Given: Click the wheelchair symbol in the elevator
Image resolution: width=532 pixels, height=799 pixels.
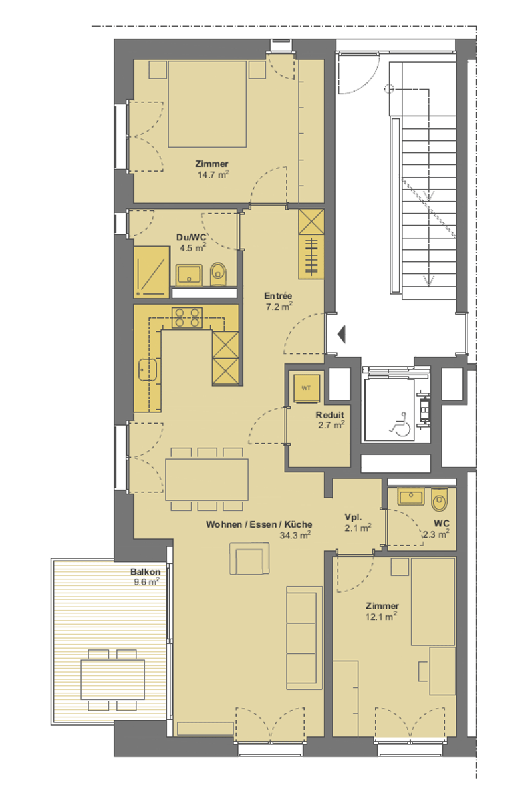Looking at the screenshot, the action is [401, 424].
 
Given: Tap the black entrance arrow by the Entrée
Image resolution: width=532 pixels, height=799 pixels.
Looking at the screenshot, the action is [342, 334].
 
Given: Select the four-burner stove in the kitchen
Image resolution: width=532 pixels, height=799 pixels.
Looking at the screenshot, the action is [187, 317].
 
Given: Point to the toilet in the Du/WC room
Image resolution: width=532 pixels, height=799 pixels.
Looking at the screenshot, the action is [218, 274].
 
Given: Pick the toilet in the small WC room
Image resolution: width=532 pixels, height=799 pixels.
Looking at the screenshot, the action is [439, 500].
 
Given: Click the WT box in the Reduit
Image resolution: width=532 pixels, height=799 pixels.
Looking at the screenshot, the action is [306, 388].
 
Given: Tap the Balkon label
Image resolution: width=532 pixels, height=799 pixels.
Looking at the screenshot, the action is [145, 571].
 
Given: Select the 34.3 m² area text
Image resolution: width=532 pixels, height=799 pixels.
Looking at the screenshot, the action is [295, 535].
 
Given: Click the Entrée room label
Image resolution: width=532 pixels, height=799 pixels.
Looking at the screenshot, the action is [278, 295].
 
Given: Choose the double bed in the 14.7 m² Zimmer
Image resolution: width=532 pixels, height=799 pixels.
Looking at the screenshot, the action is [207, 104].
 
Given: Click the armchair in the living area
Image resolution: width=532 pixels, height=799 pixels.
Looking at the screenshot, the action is [249, 559].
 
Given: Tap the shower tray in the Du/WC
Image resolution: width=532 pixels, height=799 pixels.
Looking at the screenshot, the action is [152, 272].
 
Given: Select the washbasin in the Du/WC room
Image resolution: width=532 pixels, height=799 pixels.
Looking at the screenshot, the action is [189, 275].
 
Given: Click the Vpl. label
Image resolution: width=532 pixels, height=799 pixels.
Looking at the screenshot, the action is [353, 517].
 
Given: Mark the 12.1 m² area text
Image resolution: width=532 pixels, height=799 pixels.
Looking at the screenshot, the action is [381, 616].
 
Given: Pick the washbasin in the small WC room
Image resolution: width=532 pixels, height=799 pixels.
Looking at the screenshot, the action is [411, 496].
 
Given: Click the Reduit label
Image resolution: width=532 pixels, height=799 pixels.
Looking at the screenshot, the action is [330, 415].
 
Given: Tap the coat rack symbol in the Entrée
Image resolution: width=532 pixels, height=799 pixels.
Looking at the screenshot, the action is [311, 257].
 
